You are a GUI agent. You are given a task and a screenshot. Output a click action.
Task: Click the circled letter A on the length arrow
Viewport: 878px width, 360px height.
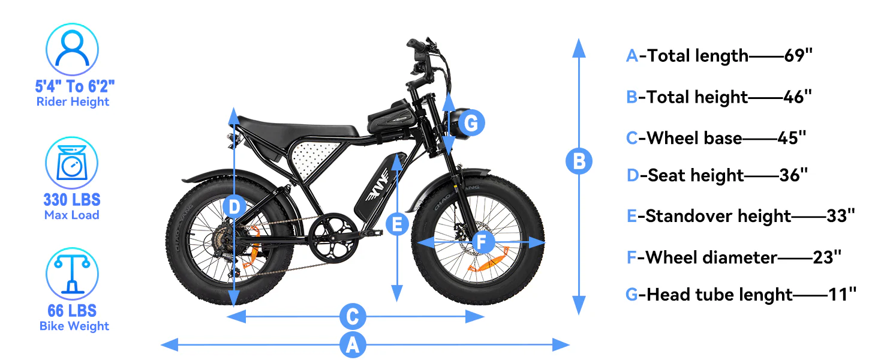(x=353, y=345)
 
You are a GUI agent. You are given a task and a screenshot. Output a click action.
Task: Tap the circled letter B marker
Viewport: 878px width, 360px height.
(x=579, y=161)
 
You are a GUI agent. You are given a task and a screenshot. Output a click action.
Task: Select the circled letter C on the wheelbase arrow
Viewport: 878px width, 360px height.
(x=353, y=316)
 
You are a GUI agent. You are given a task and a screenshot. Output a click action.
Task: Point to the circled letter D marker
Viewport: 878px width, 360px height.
(x=234, y=208)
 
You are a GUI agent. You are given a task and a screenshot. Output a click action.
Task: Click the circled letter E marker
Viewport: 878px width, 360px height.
(x=396, y=224)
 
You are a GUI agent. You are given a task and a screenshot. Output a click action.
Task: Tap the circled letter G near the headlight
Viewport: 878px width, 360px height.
(x=471, y=124)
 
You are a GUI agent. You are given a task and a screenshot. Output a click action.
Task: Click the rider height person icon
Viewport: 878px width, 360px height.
(x=72, y=49)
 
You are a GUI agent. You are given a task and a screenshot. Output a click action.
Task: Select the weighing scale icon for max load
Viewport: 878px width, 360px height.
(x=72, y=163)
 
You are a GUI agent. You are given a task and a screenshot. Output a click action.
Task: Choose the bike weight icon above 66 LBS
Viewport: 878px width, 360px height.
(x=72, y=274)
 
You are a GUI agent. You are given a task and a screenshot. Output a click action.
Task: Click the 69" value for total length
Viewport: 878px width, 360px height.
(x=798, y=56)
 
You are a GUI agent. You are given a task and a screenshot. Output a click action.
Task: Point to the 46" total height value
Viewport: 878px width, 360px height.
(x=798, y=97)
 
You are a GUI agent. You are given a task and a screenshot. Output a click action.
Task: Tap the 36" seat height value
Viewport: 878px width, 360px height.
(x=793, y=175)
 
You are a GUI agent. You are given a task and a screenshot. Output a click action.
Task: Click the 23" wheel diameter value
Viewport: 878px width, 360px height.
(x=827, y=257)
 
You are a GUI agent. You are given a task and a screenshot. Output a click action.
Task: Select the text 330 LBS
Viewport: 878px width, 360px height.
(x=72, y=199)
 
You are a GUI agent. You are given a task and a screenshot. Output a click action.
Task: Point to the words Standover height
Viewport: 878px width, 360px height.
(x=718, y=216)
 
